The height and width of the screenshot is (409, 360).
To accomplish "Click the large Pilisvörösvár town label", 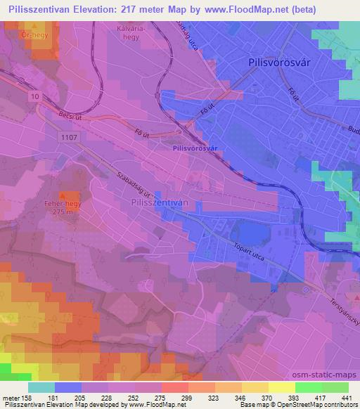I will tap(280, 62).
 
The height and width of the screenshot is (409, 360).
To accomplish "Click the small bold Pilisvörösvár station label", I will tap(194, 149).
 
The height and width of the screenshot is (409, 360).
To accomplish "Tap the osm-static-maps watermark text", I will tap(332, 375).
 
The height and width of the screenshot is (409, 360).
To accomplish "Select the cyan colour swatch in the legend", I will tap(42, 387).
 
